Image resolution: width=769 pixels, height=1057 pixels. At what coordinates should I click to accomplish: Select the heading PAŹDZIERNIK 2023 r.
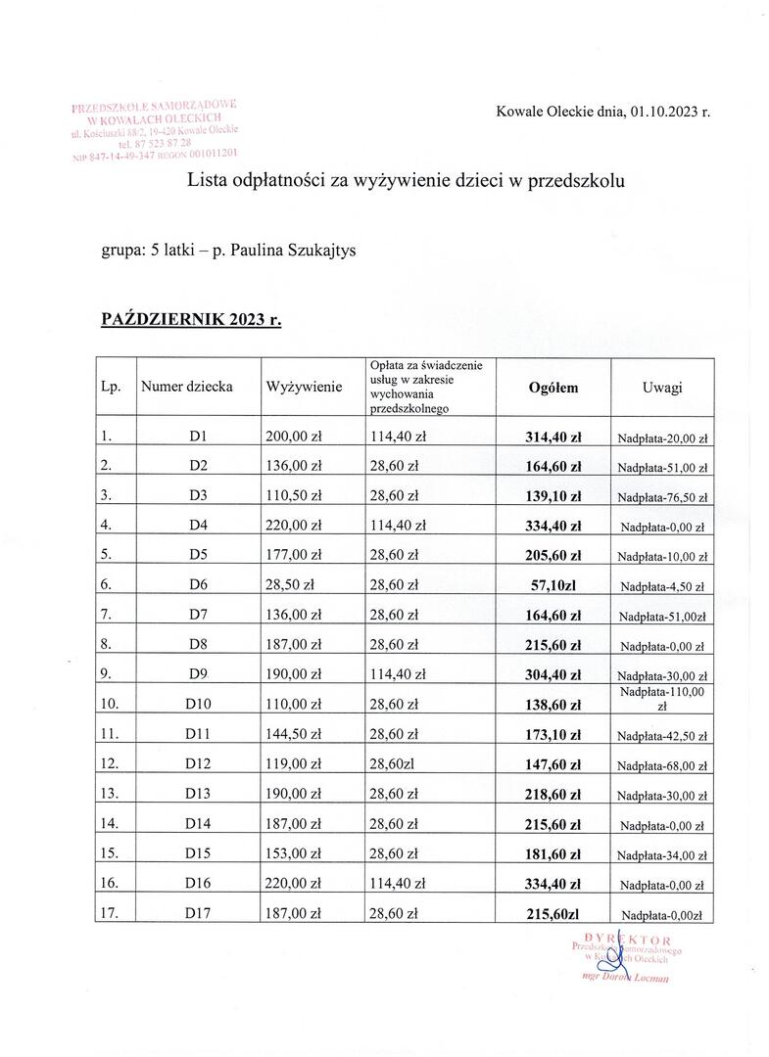click(191, 319)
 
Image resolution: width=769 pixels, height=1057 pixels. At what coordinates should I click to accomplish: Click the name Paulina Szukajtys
click(294, 251)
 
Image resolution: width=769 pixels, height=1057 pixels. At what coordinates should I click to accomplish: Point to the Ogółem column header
click(553, 388)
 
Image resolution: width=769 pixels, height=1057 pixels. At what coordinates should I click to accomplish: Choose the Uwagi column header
click(662, 388)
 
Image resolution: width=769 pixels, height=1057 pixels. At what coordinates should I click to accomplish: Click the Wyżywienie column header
click(304, 388)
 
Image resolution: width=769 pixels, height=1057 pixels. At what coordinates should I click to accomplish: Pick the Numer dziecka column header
click(187, 387)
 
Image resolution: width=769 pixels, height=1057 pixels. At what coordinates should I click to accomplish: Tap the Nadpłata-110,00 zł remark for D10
click(662, 700)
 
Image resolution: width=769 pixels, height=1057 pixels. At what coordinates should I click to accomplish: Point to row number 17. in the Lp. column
click(112, 913)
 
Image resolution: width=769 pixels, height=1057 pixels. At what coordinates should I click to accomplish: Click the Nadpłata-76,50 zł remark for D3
click(662, 498)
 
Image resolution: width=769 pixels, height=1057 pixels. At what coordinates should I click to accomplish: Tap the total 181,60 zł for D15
click(553, 853)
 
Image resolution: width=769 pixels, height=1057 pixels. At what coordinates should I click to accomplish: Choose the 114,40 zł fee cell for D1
click(398, 437)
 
